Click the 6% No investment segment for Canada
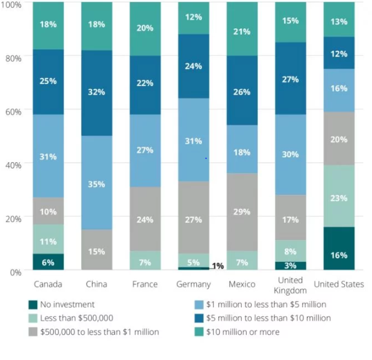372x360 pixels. pyautogui.click(x=48, y=262)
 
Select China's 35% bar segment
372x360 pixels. pyautogui.click(x=97, y=182)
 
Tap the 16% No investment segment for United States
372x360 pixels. pyautogui.click(x=339, y=248)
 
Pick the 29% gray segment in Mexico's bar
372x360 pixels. pyautogui.click(x=242, y=212)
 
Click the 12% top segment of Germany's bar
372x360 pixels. pyautogui.click(x=193, y=18)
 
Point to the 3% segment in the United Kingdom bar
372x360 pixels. pyautogui.click(x=290, y=266)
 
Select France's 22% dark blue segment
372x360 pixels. pyautogui.click(x=145, y=85)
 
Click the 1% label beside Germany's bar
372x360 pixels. pyautogui.click(x=218, y=266)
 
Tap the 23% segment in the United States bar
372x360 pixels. pyautogui.click(x=339, y=196)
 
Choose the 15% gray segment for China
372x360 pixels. pyautogui.click(x=97, y=250)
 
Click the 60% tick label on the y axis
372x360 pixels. pyautogui.click(x=14, y=112)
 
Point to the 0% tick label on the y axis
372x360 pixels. pyautogui.click(x=16, y=272)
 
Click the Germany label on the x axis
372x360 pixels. pyautogui.click(x=193, y=284)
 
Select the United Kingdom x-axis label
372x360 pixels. pyautogui.click(x=290, y=285)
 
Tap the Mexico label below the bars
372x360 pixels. pyautogui.click(x=242, y=284)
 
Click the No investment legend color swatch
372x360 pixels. pyautogui.click(x=33, y=305)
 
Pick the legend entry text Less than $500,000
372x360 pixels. pyautogui.click(x=77, y=318)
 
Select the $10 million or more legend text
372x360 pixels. pyautogui.click(x=242, y=332)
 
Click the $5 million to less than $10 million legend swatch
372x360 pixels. pyautogui.click(x=199, y=318)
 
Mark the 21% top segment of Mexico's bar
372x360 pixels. pyautogui.click(x=242, y=29)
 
